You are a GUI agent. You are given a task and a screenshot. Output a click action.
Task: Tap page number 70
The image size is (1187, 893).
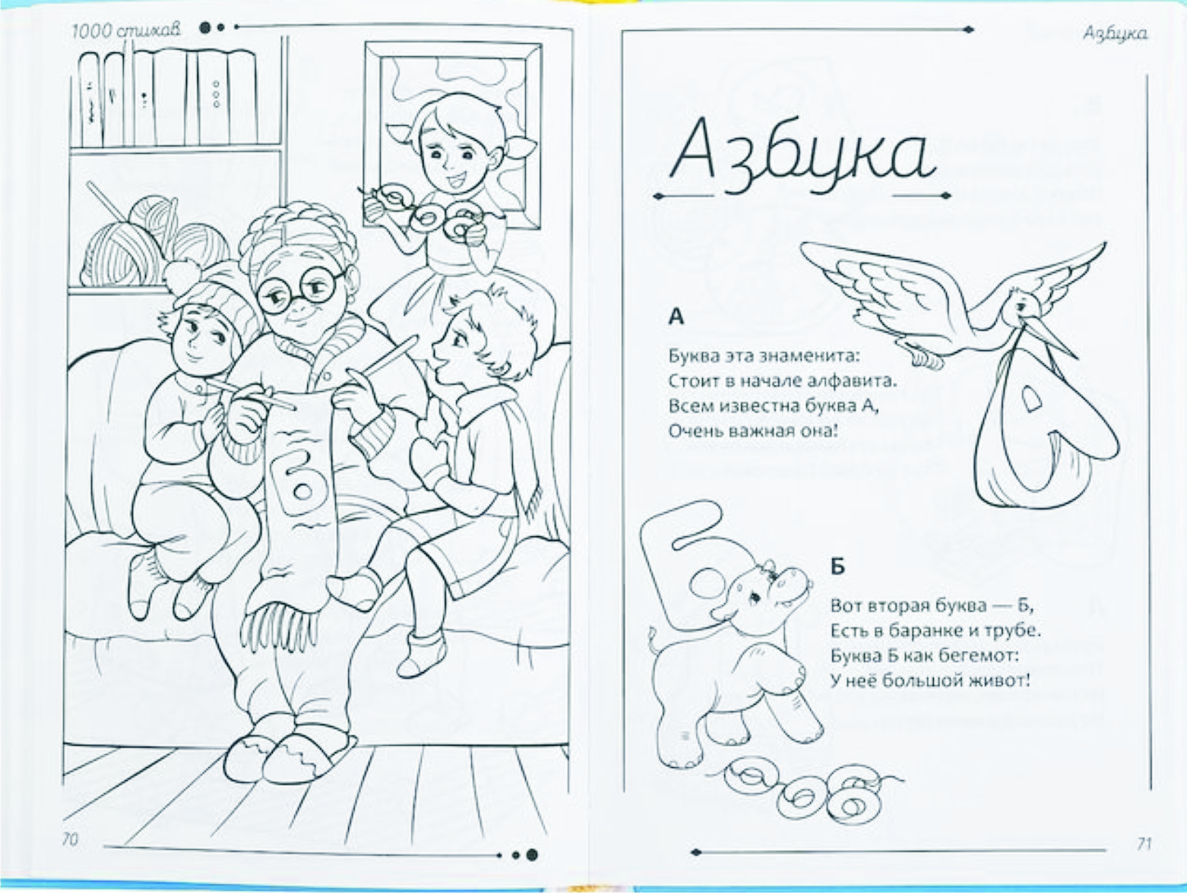tap(71, 839)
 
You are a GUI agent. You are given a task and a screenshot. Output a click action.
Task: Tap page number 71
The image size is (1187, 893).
tap(1144, 843)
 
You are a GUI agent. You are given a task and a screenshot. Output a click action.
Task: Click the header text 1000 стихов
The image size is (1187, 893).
tap(126, 31)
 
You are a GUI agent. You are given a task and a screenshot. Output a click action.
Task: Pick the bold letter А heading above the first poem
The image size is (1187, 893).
tap(676, 316)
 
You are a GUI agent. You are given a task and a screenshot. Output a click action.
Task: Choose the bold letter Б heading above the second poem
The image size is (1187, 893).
tap(837, 567)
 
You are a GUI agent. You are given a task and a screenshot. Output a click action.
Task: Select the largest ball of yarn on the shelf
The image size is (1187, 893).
tap(120, 254)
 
